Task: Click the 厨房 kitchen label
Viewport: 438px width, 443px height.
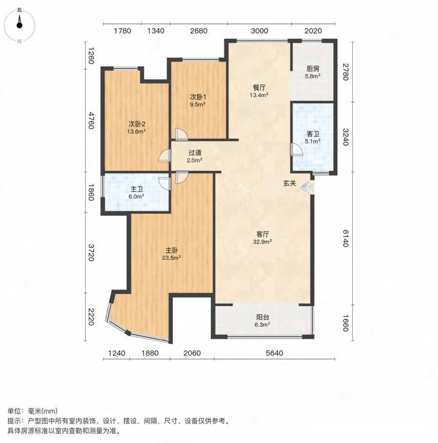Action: coord(313,69)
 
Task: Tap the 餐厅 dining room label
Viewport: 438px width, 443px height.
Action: coord(259,88)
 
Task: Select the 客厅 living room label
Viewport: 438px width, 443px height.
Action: coord(262,234)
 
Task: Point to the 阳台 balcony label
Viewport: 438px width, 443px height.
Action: coord(262,317)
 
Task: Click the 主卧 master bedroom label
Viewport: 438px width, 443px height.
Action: coord(172,250)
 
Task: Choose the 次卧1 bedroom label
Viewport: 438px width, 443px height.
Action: coord(198,97)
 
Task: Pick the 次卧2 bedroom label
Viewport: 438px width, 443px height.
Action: coord(137,124)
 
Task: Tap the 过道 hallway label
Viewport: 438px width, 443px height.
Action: coord(195,153)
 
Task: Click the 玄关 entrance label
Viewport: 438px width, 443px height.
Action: coord(290,183)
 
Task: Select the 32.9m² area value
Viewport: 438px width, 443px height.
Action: coord(262,242)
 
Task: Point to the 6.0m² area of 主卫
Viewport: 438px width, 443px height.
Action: coord(137,196)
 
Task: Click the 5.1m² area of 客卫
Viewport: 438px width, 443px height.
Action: coord(313,141)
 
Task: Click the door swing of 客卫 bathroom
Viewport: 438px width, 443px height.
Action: coord(296,150)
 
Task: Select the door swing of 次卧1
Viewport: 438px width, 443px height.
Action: coord(181,134)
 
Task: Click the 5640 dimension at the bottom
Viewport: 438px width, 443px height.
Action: coord(274,353)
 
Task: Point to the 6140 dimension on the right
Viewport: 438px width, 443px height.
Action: coord(346,238)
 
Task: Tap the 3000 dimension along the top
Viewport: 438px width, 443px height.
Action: coord(259,31)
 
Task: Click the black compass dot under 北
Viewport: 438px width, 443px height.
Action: coord(19,25)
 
